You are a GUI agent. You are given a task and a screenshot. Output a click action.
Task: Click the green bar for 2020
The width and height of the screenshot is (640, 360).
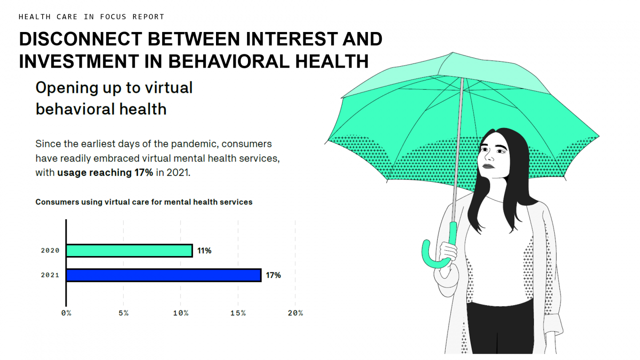point(129,251)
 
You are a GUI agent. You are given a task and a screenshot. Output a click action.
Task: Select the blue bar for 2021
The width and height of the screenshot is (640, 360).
point(164,275)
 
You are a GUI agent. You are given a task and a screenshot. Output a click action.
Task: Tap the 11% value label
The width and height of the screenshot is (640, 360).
point(204,251)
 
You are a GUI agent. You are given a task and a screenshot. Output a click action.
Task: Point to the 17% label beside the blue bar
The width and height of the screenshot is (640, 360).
point(273,275)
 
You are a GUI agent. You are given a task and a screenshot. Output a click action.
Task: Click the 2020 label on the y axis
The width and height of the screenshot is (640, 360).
point(50,251)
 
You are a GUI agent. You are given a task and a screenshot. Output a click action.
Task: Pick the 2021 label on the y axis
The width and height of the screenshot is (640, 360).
point(50,275)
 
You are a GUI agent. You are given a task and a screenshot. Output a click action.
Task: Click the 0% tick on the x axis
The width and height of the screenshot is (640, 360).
point(66,313)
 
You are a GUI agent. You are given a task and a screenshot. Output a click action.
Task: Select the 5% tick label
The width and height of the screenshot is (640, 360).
point(124,313)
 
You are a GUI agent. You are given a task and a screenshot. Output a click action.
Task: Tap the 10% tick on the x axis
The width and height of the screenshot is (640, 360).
point(181,313)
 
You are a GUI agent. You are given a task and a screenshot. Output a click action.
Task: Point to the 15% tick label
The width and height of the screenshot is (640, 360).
point(238,313)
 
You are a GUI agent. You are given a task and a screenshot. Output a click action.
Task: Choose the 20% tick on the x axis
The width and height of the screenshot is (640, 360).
point(296,313)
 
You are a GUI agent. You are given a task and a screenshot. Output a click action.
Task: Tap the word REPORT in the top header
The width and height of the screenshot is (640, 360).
point(148,17)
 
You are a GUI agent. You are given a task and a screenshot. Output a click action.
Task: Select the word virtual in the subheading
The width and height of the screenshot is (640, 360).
point(167,88)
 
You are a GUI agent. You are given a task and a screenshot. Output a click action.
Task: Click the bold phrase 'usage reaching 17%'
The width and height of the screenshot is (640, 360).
point(105,173)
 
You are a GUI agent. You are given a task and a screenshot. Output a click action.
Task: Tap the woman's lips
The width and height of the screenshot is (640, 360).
point(488,166)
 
